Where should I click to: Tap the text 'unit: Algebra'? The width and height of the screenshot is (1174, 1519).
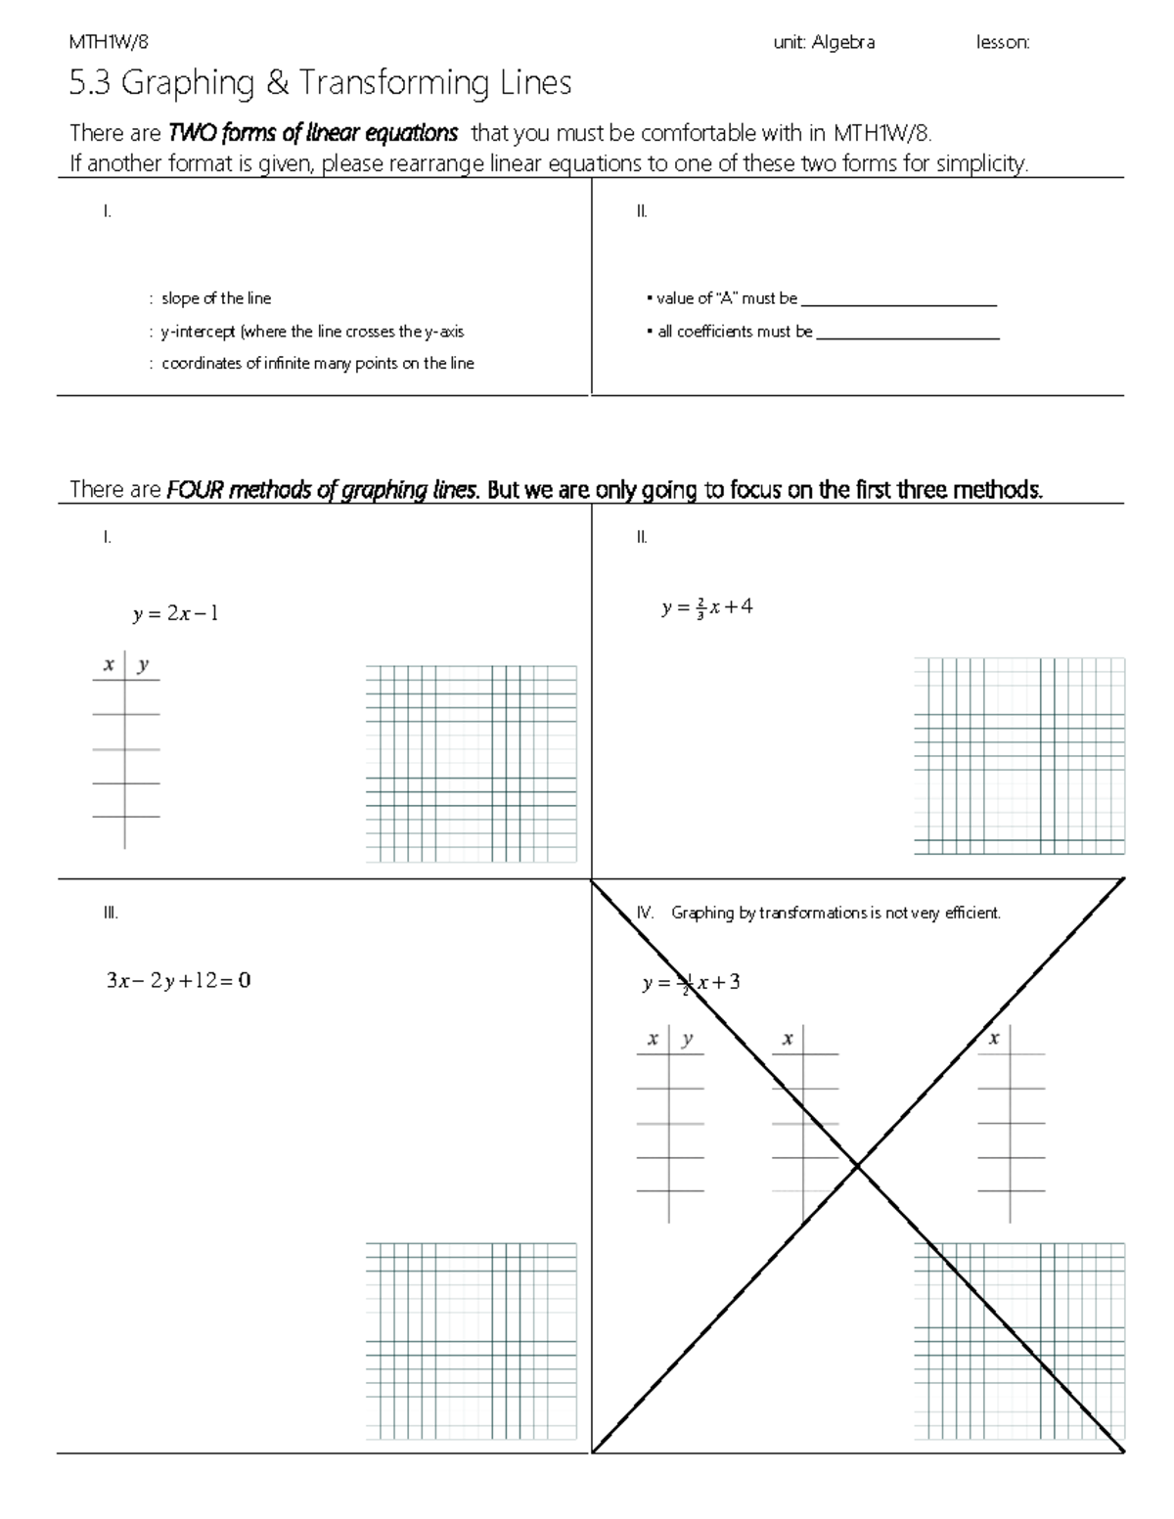tap(823, 42)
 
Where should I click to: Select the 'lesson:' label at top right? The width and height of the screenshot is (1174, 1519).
tap(1003, 42)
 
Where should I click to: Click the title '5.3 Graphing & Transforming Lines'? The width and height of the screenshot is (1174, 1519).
tap(320, 83)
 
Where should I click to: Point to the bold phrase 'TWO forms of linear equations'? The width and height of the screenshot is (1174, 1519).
tap(313, 132)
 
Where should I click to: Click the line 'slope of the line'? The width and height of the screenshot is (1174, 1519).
tap(216, 298)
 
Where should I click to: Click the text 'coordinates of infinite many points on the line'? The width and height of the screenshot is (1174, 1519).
tap(317, 363)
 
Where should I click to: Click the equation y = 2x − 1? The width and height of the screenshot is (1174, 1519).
tap(176, 614)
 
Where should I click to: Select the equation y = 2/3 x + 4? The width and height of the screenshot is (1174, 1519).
tap(706, 607)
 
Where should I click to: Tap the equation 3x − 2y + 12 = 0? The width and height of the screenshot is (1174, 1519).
tap(178, 980)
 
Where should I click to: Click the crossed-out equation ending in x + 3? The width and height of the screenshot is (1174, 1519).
tap(691, 983)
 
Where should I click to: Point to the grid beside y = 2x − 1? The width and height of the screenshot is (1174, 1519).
tap(471, 764)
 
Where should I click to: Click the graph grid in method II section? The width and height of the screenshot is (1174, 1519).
tap(1019, 756)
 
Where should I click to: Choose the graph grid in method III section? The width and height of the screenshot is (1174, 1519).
tap(471, 1341)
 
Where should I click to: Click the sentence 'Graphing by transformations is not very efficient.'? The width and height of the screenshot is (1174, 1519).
tap(835, 913)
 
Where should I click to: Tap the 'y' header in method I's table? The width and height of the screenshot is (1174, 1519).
tap(143, 665)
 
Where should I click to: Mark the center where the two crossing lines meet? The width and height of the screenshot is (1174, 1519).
tap(858, 1165)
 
